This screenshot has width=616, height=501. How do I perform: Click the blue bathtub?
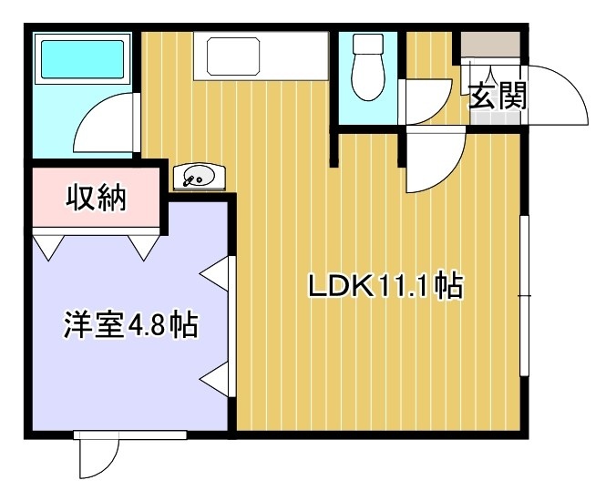83,59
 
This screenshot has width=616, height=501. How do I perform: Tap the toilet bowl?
368,77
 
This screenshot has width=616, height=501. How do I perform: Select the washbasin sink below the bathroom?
200,177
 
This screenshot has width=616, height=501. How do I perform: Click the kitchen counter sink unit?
261,56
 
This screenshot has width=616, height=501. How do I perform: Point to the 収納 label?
97,197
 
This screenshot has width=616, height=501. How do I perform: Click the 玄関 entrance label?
498,96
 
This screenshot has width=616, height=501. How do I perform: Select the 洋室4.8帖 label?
130,324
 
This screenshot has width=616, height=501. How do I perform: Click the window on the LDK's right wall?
525,295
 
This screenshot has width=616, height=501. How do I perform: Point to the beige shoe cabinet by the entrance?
490,45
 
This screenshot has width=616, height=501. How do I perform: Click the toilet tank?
368,44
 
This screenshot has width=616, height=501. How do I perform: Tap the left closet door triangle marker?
48,245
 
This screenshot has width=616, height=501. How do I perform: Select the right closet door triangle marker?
144,245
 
